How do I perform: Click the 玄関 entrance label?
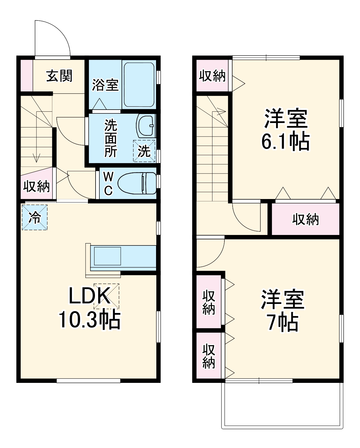[x=59, y=76]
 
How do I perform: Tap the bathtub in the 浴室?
[x=139, y=85]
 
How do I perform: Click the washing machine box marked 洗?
[x=144, y=151]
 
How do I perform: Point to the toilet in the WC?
[x=137, y=183]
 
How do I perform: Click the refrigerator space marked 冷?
[x=34, y=217]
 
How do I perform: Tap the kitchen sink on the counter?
[x=107, y=256]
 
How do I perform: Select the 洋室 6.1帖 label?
[x=285, y=129]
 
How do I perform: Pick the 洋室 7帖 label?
[x=283, y=311]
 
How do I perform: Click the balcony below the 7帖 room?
[x=282, y=405]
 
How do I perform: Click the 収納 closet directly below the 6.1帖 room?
[x=305, y=219]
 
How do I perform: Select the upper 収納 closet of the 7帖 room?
[x=209, y=302]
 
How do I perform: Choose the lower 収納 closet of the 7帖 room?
[x=209, y=356]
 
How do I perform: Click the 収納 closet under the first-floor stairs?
[x=37, y=186]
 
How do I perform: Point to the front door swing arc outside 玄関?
[x=53, y=38]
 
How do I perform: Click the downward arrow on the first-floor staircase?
[x=37, y=158]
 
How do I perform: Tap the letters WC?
[x=108, y=184]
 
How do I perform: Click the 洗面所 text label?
[x=111, y=138]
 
